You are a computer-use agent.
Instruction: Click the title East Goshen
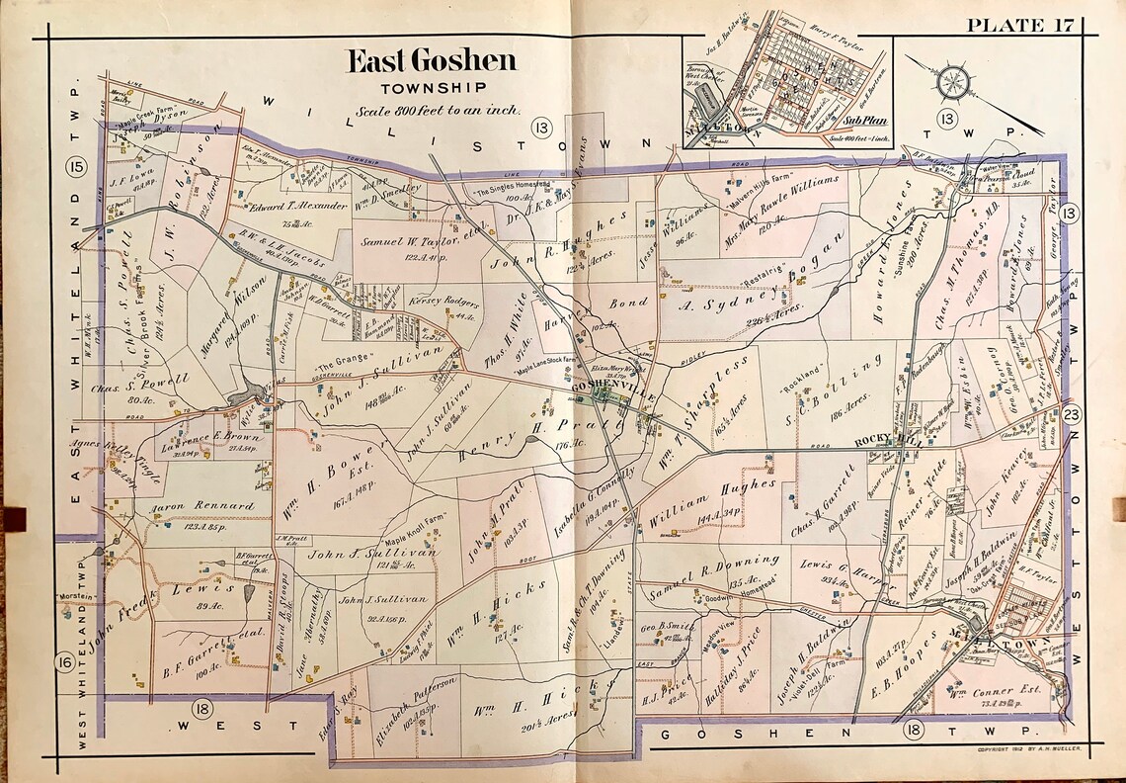[x=430, y=62]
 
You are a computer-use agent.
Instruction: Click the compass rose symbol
[x=953, y=81]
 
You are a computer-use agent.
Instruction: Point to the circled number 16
[x=64, y=663]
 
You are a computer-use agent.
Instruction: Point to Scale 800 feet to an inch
[x=439, y=111]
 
